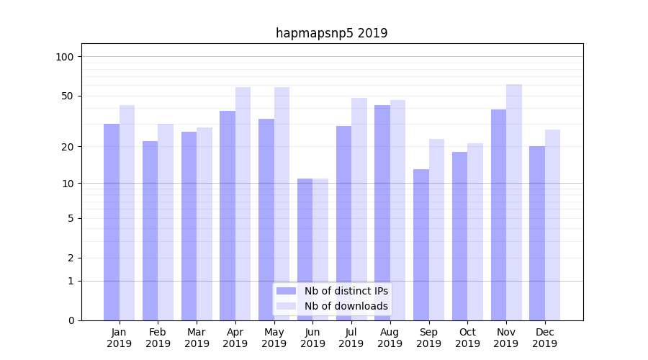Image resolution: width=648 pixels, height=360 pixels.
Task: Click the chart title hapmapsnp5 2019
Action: point(331,33)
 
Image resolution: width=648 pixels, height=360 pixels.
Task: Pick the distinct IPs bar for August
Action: point(382,212)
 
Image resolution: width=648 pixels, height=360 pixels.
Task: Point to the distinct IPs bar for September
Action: point(421,245)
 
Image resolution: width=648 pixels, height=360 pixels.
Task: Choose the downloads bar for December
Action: point(553,225)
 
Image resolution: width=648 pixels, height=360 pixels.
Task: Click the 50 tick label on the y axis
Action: point(68,96)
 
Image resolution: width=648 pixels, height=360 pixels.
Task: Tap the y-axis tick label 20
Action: point(68,147)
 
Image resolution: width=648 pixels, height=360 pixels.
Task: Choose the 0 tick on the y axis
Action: point(71,320)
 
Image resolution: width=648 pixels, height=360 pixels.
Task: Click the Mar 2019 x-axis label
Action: point(197,338)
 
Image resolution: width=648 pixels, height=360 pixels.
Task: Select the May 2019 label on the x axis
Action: point(274,338)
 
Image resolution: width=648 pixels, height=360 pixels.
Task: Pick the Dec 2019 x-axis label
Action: point(544,338)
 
